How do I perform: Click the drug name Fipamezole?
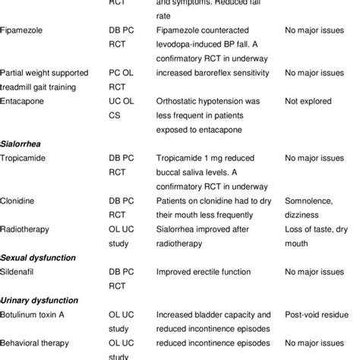coord(24,31)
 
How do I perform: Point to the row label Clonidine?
coord(20,201)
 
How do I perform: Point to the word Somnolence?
coord(311,201)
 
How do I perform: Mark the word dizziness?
coord(304,214)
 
